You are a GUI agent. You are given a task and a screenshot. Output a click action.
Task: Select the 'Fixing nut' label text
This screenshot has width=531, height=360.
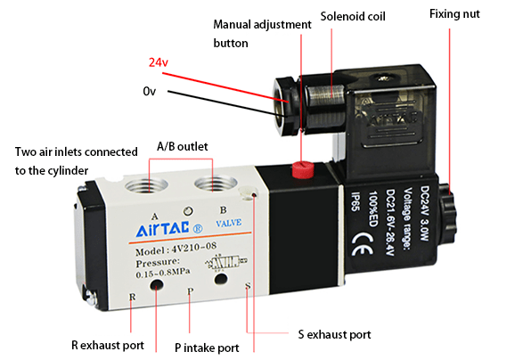coord(454,14)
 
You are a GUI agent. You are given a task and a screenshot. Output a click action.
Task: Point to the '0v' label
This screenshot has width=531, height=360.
coord(150,91)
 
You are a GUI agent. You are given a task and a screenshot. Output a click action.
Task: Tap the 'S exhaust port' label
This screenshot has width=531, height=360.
coord(334,335)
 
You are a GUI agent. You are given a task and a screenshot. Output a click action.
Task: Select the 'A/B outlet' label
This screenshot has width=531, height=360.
coord(182,145)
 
